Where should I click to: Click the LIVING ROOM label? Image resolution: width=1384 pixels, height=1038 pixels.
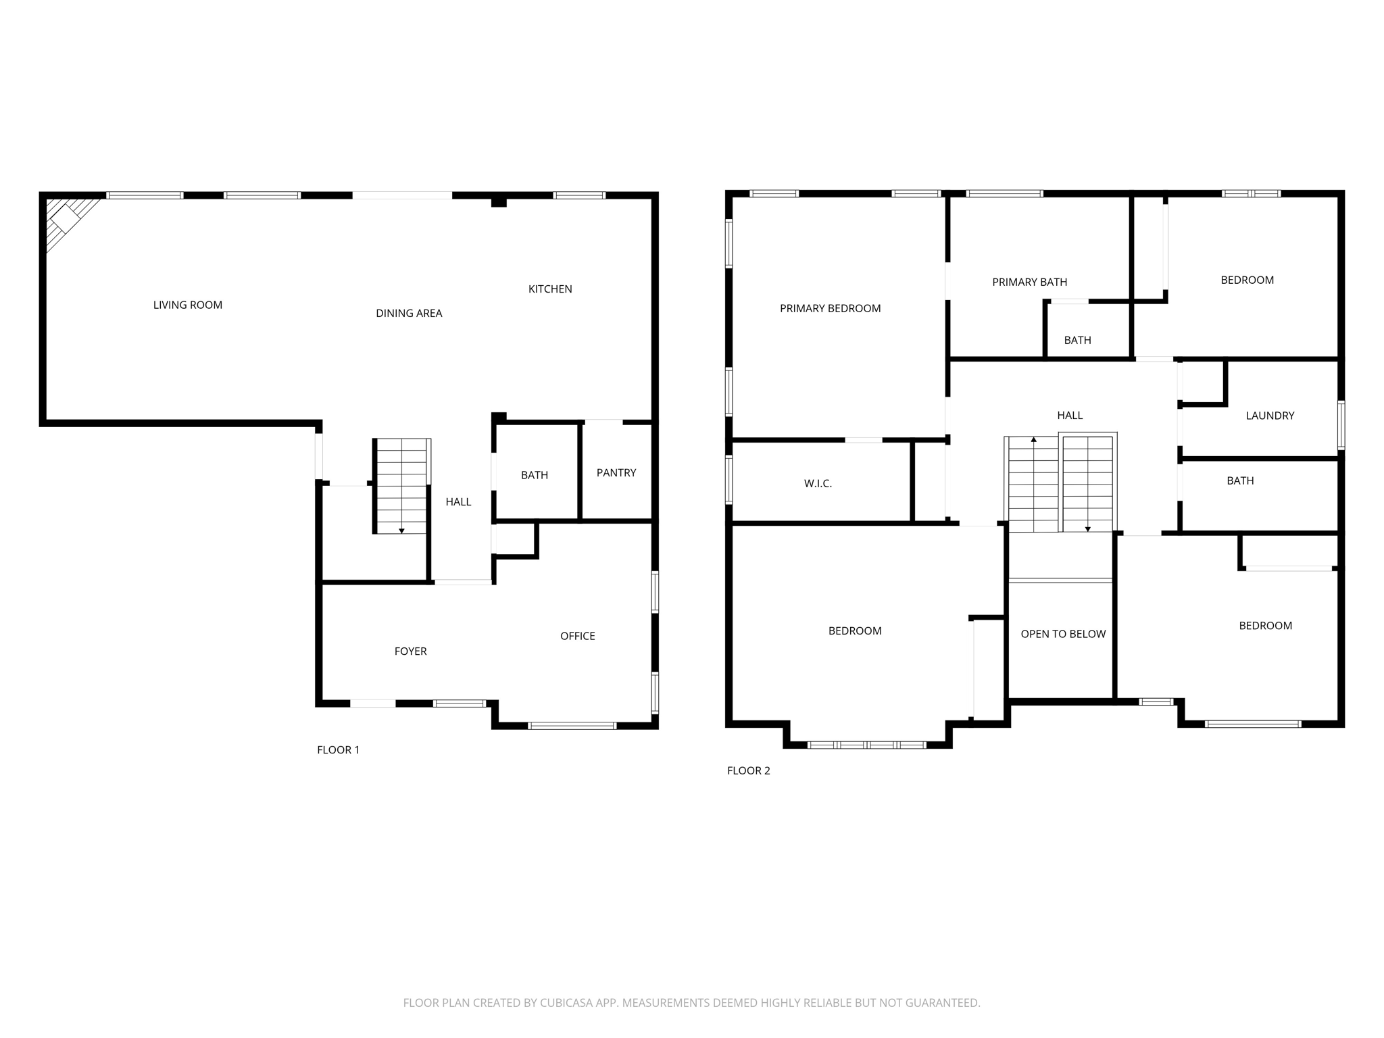pyautogui.click(x=187, y=305)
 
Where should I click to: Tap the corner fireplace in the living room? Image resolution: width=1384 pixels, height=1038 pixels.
pyautogui.click(x=66, y=218)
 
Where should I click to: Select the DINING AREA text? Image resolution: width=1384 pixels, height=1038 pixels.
pyautogui.click(x=409, y=313)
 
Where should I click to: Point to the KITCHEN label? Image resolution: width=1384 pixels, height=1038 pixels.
pyautogui.click(x=550, y=289)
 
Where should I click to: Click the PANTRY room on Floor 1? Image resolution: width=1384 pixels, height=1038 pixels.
pyautogui.click(x=616, y=472)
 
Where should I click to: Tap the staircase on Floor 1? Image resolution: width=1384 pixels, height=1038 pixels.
pyautogui.click(x=401, y=485)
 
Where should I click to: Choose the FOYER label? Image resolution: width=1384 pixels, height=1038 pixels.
pyautogui.click(x=410, y=651)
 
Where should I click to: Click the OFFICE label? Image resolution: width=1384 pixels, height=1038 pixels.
pyautogui.click(x=577, y=636)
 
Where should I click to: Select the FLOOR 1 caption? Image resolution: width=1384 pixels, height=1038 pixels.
pyautogui.click(x=338, y=749)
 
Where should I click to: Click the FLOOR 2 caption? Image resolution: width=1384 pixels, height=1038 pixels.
pyautogui.click(x=748, y=770)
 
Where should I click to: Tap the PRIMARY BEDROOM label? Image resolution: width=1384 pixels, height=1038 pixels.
pyautogui.click(x=830, y=308)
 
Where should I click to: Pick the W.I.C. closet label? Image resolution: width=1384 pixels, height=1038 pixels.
pyautogui.click(x=818, y=483)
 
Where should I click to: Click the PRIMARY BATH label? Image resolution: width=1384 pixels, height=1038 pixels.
pyautogui.click(x=1029, y=282)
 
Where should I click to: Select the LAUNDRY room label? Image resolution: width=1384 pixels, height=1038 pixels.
pyautogui.click(x=1270, y=416)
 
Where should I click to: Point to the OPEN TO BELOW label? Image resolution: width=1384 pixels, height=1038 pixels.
pyautogui.click(x=1063, y=634)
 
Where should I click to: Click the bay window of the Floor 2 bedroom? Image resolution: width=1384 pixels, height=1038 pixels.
pyautogui.click(x=867, y=745)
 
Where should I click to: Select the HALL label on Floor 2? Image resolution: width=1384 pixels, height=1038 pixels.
pyautogui.click(x=1070, y=415)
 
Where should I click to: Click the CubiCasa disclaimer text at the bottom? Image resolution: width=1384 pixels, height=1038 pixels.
pyautogui.click(x=691, y=1003)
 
